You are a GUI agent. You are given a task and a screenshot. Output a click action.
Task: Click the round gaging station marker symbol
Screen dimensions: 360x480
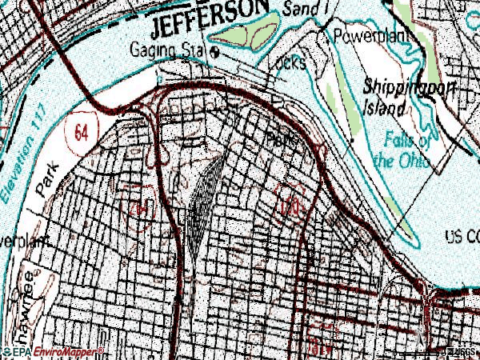(x=222, y=52)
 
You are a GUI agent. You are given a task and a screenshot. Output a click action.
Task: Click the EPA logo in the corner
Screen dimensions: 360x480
(x=18, y=352)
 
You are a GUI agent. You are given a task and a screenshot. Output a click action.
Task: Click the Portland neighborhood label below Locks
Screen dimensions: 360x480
(x=282, y=138)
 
